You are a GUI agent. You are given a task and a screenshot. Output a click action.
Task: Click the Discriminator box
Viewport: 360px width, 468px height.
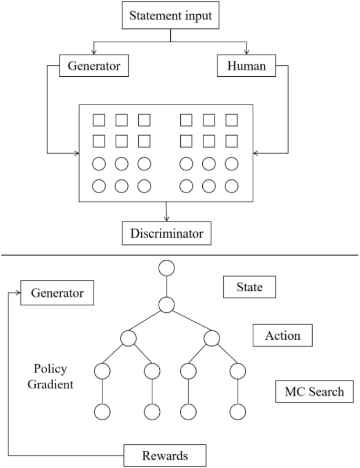[166, 232]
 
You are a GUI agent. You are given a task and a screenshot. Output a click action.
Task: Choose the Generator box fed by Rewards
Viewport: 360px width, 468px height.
[57, 293]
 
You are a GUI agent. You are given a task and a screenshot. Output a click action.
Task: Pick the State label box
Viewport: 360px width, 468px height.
[250, 288]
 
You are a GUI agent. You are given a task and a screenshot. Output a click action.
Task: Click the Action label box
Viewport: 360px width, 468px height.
[283, 335]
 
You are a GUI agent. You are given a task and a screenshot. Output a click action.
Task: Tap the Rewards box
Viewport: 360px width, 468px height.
[165, 454]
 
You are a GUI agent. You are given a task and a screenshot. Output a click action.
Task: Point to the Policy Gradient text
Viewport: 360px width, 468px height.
[50, 376]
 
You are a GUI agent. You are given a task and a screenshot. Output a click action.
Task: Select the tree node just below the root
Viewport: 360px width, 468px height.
[167, 304]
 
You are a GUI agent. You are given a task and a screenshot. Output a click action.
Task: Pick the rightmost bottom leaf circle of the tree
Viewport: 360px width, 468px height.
[238, 411]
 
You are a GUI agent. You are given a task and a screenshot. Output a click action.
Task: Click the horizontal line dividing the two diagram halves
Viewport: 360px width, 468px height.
[180, 256]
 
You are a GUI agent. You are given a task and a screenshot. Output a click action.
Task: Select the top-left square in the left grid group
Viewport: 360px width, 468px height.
[99, 120]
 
